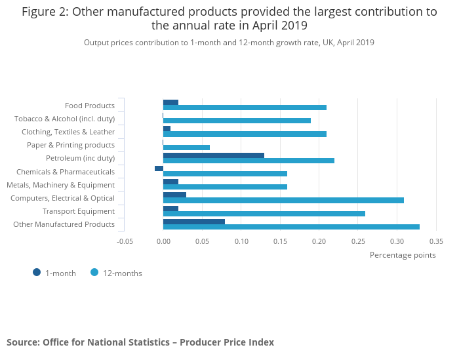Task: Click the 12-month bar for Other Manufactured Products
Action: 291,227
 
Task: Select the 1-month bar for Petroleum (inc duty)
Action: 214,155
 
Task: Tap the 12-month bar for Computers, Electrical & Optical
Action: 283,200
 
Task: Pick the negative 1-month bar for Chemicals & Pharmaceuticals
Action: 159,169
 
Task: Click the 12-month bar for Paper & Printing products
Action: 186,148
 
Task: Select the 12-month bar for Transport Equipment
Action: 264,214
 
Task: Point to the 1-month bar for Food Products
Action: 170,102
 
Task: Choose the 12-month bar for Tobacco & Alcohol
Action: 237,121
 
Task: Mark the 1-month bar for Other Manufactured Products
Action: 194,222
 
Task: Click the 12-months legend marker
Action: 94,273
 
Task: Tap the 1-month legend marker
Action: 37,273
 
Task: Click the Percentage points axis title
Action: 403,255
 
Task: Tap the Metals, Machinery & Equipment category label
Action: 60,185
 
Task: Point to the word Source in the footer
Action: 22,342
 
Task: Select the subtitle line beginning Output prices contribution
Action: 229,43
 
